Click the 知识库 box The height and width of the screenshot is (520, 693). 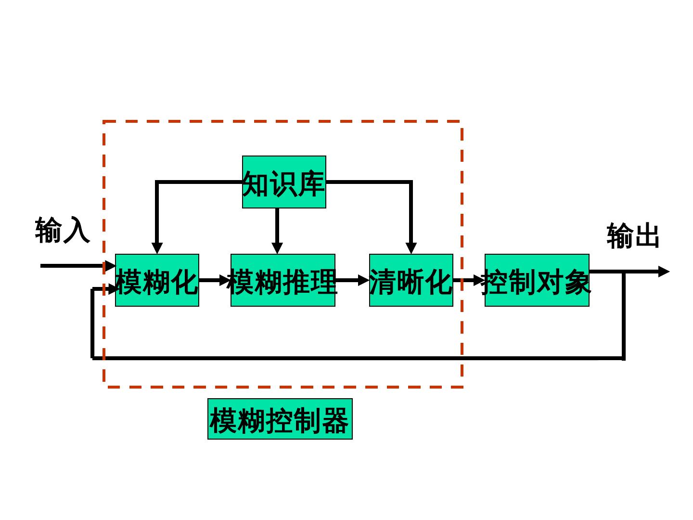[284, 182]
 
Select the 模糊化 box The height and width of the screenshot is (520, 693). [157, 280]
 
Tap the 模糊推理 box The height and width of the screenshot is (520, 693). [283, 280]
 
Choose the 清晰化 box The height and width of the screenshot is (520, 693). [411, 280]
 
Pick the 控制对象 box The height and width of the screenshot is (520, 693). [537, 280]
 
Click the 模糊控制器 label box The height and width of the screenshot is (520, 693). [280, 419]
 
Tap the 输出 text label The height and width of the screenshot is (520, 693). [633, 235]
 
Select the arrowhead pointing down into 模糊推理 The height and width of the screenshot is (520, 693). [277, 247]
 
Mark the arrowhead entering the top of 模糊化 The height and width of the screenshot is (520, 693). [157, 247]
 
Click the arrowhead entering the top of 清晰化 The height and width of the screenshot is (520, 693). [411, 247]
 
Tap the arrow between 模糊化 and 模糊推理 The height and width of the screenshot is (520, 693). [214, 280]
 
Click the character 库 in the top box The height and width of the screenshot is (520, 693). [311, 183]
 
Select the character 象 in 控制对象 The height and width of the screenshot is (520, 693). [577, 281]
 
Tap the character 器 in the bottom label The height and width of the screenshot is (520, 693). [335, 420]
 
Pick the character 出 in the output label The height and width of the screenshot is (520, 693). [647, 236]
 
